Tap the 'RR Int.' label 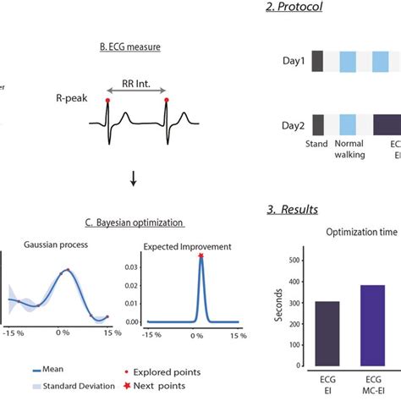137,85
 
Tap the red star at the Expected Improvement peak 200,256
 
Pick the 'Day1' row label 293,62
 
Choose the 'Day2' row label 293,126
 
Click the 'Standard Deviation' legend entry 69,387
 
